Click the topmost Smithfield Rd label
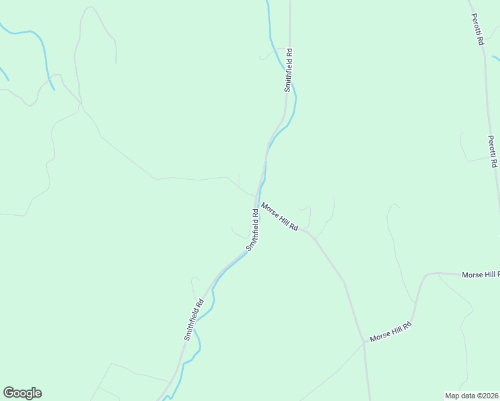tap(288, 69)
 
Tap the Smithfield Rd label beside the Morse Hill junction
tap(253, 229)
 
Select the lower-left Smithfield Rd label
tap(194, 319)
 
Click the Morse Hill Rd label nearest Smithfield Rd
tap(279, 217)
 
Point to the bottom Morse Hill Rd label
tap(390, 331)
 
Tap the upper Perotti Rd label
tap(477, 29)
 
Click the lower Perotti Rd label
tap(492, 151)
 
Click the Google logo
tap(22, 393)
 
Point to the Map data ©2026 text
tap(472, 396)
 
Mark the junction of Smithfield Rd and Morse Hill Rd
tap(256, 200)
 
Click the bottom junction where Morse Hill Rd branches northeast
tap(364, 344)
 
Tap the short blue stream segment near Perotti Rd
tap(496, 59)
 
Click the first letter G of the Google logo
tap(9, 393)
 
